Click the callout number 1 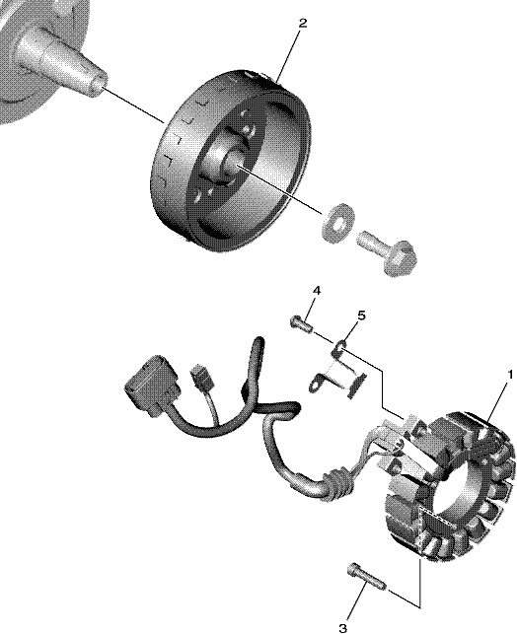(x=510, y=376)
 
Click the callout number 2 (x=302, y=23)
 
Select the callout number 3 (x=342, y=628)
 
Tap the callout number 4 (x=317, y=290)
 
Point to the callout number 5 (x=361, y=315)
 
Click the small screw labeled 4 (x=301, y=323)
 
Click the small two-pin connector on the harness (x=202, y=376)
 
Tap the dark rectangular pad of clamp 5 (x=357, y=386)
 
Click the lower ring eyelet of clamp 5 (x=317, y=383)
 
